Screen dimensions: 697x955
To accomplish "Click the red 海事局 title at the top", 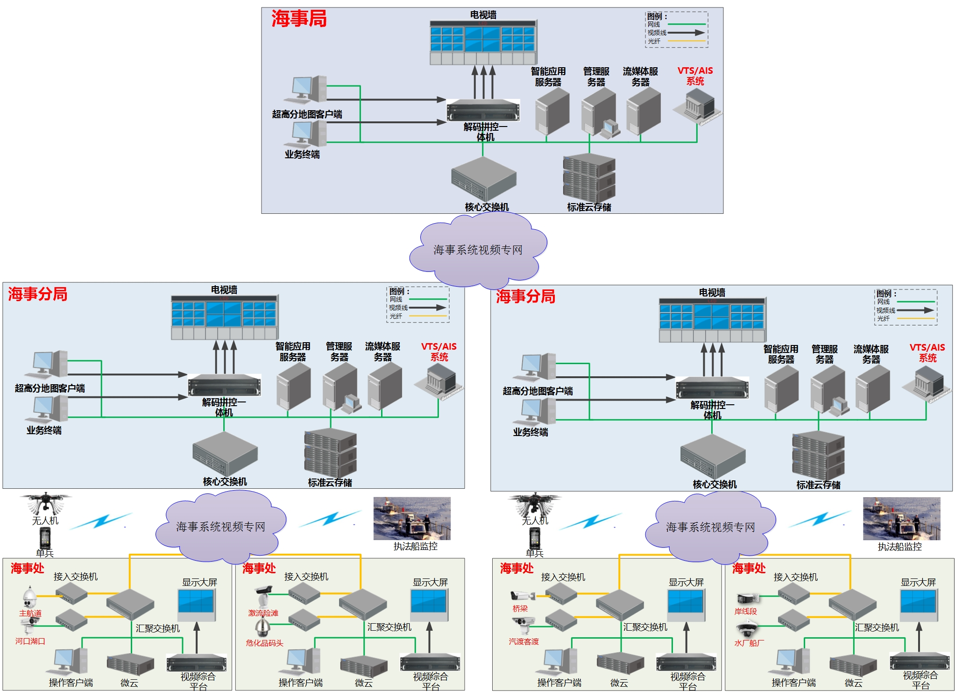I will (298, 19).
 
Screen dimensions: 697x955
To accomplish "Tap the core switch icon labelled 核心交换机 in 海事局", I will (483, 179).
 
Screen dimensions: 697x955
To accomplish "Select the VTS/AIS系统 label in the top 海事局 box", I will (695, 76).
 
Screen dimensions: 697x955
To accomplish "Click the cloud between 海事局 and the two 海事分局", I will (478, 250).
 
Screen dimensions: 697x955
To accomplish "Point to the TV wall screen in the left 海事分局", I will (224, 314).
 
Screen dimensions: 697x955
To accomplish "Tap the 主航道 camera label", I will (30, 613).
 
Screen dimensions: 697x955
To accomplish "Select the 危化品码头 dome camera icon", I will (262, 628).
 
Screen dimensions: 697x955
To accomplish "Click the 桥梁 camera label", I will (520, 609).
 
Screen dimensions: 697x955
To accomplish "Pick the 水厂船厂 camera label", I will (749, 643).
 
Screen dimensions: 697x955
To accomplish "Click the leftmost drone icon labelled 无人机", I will (45, 503).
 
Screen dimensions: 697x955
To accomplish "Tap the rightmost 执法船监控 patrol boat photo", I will (901, 519).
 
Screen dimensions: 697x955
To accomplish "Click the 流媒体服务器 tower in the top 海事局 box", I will (643, 112).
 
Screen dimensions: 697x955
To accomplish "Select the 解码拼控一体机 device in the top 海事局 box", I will (483, 111).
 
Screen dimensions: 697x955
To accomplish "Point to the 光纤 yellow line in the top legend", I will (686, 42).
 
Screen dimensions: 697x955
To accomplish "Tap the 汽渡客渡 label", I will (523, 642).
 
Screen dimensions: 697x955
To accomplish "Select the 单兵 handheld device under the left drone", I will (45, 539).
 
